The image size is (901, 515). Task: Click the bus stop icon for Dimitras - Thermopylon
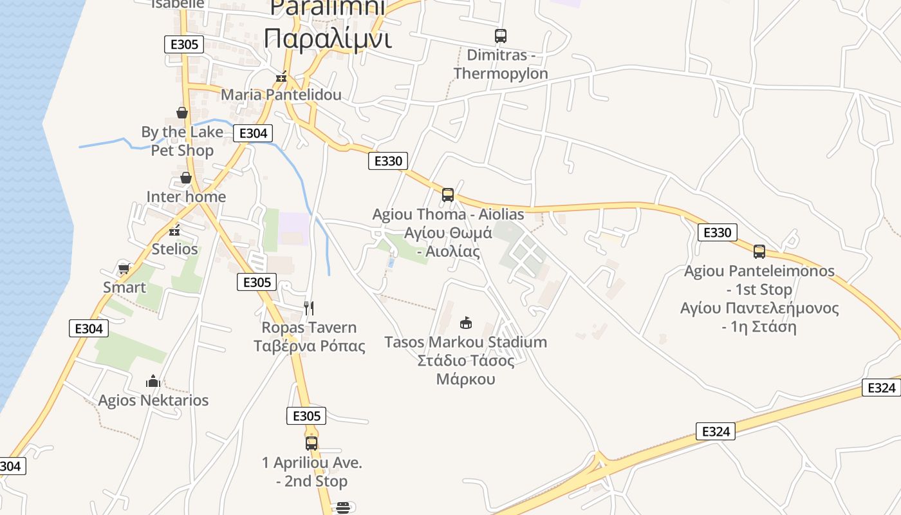click(501, 36)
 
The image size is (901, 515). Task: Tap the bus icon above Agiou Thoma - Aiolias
click(448, 194)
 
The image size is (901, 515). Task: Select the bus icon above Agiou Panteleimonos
click(759, 252)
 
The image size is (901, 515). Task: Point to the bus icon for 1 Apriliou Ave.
click(311, 443)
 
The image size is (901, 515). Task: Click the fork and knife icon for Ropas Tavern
click(309, 308)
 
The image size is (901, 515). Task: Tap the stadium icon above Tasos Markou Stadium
click(465, 323)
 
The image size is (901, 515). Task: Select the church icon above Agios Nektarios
click(153, 381)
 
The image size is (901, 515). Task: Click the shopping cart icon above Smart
click(124, 268)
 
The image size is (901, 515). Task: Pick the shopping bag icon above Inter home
click(186, 178)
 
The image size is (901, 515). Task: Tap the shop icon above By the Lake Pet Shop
click(182, 113)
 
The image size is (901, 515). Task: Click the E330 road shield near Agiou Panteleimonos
click(718, 232)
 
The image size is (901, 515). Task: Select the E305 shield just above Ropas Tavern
click(257, 282)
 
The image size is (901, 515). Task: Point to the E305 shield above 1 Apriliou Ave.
click(306, 416)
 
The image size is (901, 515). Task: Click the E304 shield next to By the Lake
click(253, 133)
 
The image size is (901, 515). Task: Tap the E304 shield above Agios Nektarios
click(89, 328)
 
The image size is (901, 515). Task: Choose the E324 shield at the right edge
click(881, 388)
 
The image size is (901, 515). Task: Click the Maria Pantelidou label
click(281, 95)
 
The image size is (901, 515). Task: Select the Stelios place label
click(174, 248)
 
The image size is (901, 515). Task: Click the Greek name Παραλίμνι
click(328, 39)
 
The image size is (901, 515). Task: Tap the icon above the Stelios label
click(174, 230)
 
